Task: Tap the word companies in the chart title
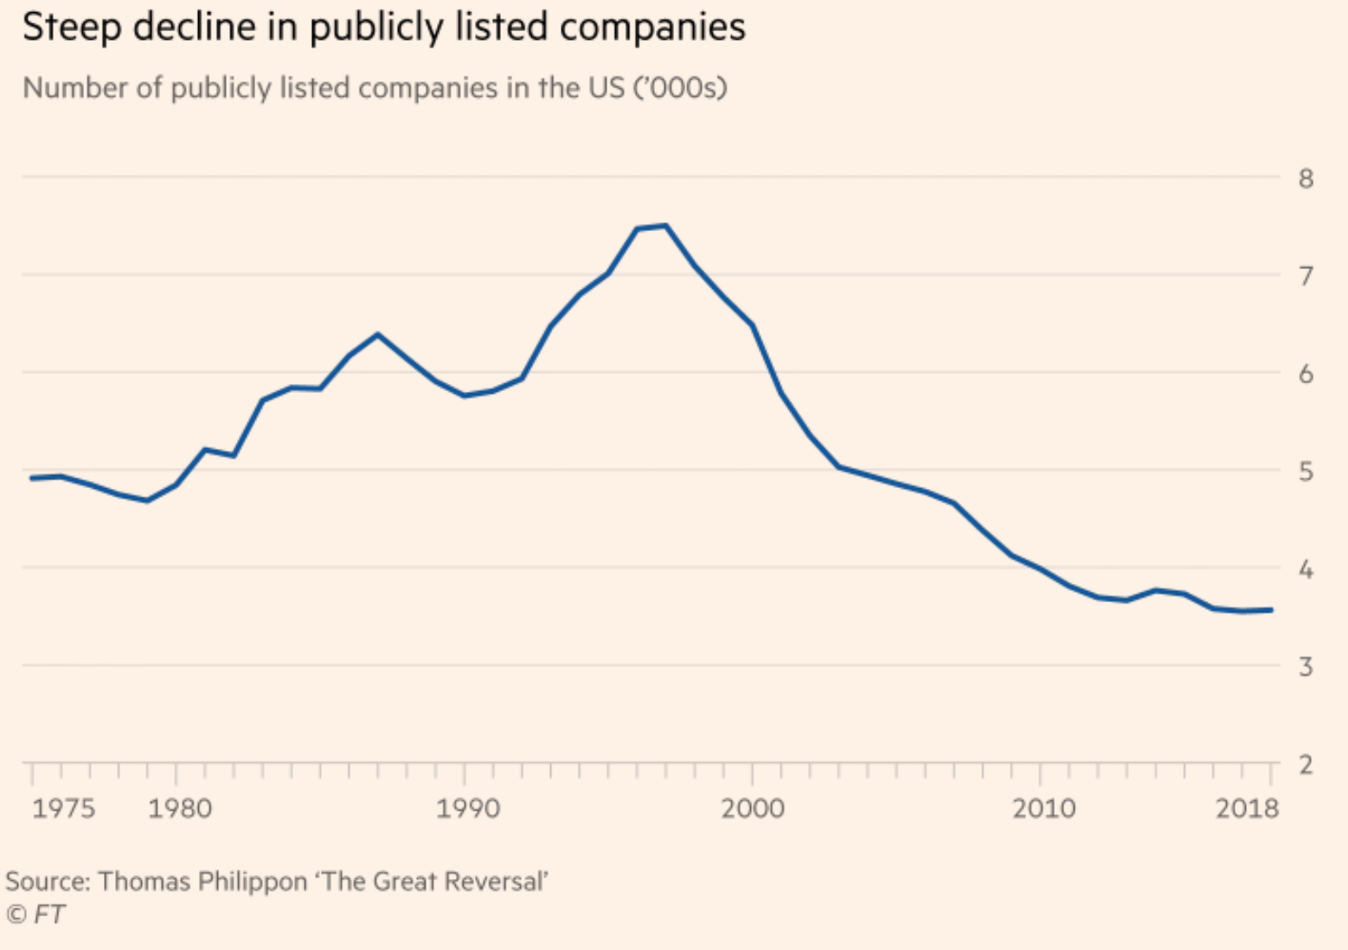[652, 28]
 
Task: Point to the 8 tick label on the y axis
[1306, 179]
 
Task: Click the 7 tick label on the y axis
[1306, 277]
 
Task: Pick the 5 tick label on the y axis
[1306, 472]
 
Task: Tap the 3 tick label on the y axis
[1306, 667]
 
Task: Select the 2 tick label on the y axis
[1306, 765]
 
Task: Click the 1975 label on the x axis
[63, 809]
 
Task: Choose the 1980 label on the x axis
[179, 809]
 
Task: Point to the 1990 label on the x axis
[467, 809]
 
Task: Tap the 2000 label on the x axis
[753, 809]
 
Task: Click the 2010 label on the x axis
[1044, 809]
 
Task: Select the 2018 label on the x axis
[1247, 809]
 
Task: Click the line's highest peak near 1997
[665, 226]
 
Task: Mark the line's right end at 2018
[1270, 610]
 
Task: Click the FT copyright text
[36, 915]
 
